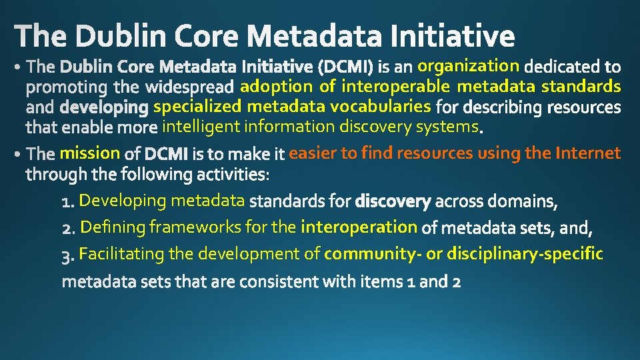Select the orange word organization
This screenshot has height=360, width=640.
(468, 65)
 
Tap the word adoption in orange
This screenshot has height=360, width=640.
(276, 86)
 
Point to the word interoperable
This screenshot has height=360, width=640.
(395, 86)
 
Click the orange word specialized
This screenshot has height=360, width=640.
(197, 106)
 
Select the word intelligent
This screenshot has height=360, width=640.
(202, 127)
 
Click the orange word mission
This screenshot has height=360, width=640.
(89, 153)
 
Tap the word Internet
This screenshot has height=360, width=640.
(587, 153)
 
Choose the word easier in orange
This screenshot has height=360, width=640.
(313, 153)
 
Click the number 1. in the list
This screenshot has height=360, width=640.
(69, 201)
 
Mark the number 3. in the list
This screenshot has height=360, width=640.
(69, 255)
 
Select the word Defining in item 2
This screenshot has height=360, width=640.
(113, 227)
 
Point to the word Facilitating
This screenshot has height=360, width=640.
(123, 254)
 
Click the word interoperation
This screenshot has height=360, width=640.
(359, 227)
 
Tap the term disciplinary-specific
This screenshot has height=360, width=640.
(525, 254)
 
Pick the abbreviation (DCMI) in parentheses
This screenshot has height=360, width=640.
(346, 67)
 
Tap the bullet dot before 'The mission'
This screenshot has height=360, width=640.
(17, 155)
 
